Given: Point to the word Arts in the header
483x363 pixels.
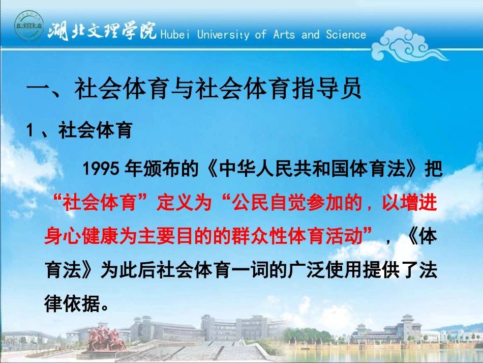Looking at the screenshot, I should click(x=284, y=35).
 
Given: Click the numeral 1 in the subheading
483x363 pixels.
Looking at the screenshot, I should click(x=31, y=131).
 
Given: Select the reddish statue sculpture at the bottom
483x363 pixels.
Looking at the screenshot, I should click(x=104, y=338).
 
